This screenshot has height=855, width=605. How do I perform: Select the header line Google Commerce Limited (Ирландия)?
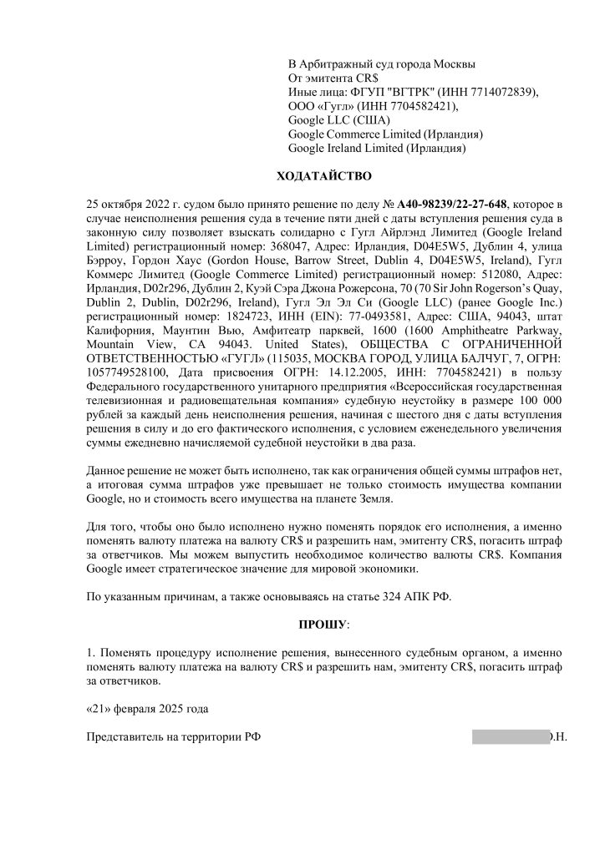(385, 134)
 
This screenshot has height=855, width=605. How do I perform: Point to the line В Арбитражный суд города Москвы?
(383, 63)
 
